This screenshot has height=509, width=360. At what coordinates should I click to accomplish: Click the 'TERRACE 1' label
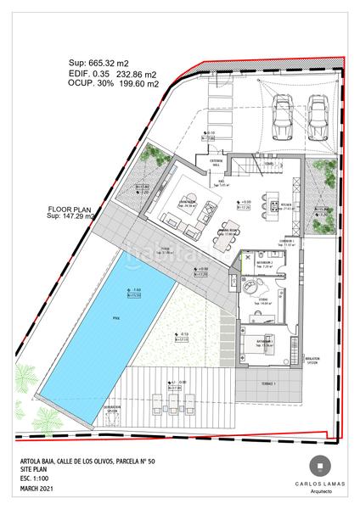pos(269,383)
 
